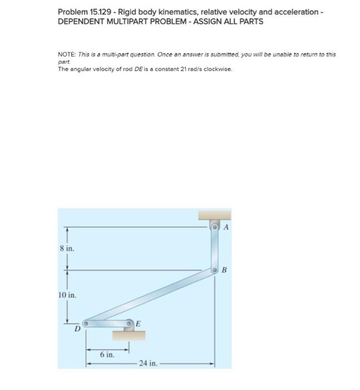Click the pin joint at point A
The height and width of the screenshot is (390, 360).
pyautogui.click(x=215, y=227)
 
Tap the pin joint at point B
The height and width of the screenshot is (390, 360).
pyautogui.click(x=215, y=270)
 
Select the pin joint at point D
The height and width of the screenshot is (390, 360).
pyautogui.click(x=86, y=323)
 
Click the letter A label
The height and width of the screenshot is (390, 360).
pyautogui.click(x=226, y=227)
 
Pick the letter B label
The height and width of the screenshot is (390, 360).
pyautogui.click(x=225, y=271)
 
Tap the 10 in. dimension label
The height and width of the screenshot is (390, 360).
pyautogui.click(x=67, y=294)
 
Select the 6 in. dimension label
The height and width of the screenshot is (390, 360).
pyautogui.click(x=108, y=354)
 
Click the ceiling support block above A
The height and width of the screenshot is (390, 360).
pyautogui.click(x=214, y=214)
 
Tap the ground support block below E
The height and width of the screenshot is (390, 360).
pyautogui.click(x=129, y=335)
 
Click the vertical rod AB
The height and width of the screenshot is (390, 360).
pyautogui.click(x=215, y=249)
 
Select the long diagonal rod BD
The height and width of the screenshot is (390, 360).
pyautogui.click(x=150, y=296)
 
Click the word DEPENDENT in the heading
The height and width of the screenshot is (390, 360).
pyautogui.click(x=81, y=21)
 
